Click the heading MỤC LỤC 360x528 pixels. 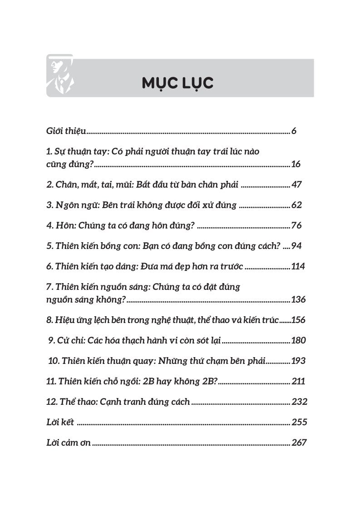click(x=177, y=83)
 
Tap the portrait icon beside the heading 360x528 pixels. click(x=60, y=75)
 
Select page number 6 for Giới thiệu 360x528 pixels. click(x=294, y=131)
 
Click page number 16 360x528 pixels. click(x=296, y=164)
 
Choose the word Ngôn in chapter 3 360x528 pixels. click(x=66, y=205)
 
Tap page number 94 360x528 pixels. click(x=297, y=246)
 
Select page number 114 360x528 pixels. click(x=298, y=266)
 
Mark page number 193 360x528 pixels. click(x=298, y=361)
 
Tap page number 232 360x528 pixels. click(x=300, y=402)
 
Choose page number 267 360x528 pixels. click(x=299, y=443)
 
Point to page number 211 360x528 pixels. click(x=298, y=381)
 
